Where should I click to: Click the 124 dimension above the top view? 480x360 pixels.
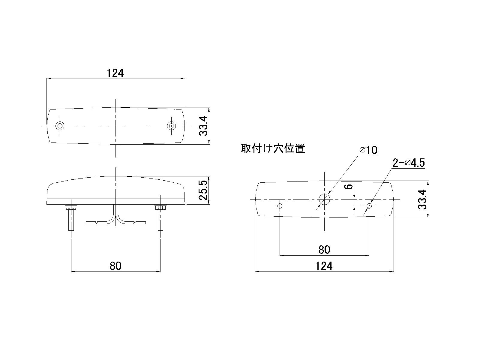click(115, 73)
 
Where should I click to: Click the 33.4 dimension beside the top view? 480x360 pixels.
click(204, 126)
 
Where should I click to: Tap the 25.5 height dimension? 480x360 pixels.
click(204, 190)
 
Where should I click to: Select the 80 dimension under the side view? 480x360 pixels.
click(115, 266)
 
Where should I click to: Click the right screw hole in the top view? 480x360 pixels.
click(171, 126)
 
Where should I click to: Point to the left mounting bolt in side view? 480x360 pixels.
click(71, 217)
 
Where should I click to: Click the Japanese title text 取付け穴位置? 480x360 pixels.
click(273, 148)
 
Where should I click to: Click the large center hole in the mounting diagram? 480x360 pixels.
click(324, 199)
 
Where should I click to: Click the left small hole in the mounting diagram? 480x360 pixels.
click(280, 206)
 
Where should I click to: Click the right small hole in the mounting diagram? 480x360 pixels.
click(369, 206)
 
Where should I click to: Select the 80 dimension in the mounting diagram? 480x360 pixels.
click(324, 250)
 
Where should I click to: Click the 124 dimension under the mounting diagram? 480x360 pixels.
click(324, 266)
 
